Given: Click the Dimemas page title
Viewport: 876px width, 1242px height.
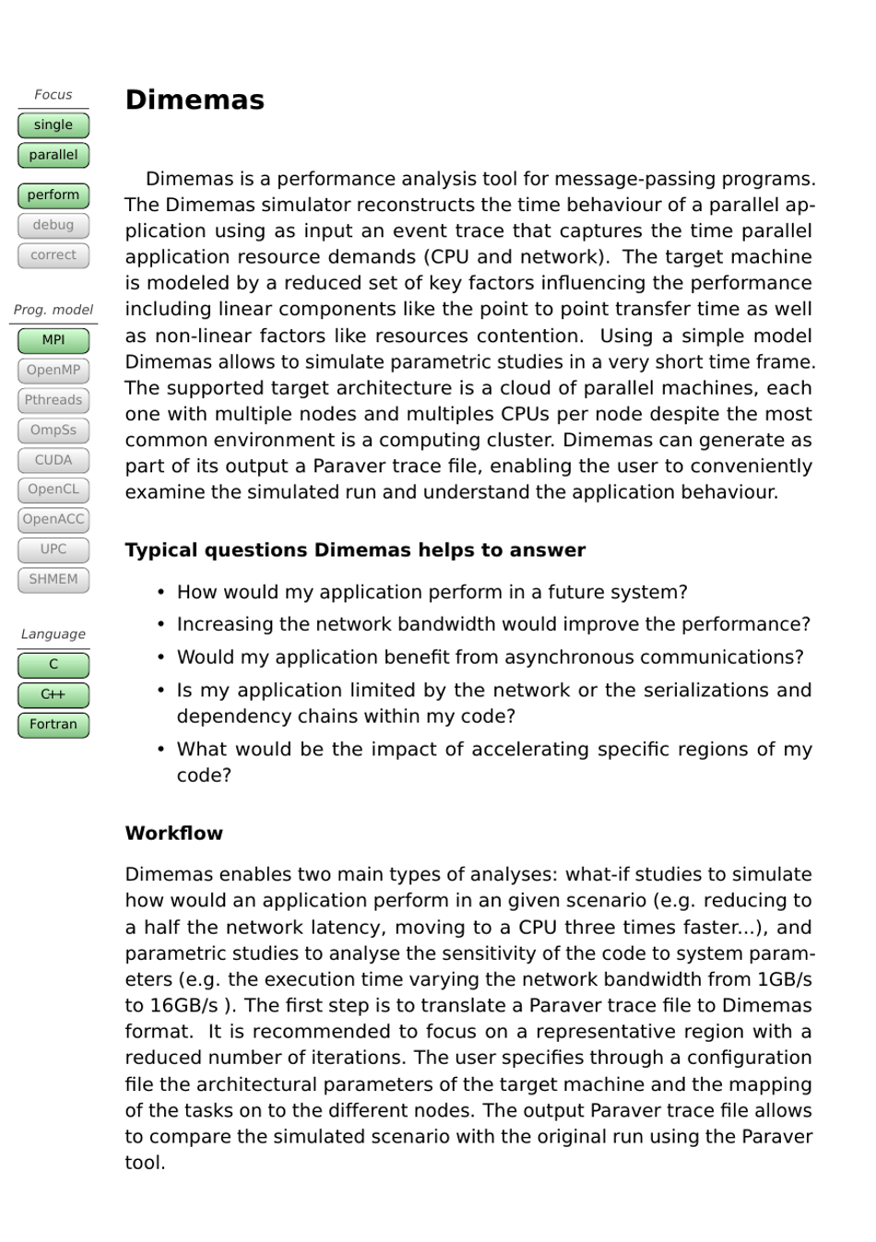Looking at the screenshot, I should [195, 100].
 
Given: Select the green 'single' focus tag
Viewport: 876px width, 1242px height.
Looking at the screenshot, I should [53, 125].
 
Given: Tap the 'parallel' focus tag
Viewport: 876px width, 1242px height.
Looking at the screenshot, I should [53, 155].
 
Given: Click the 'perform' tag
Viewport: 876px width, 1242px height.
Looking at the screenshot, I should [53, 195].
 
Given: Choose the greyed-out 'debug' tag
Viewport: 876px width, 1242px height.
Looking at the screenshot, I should [53, 225].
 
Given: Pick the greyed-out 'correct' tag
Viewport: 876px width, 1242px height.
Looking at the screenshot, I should [53, 255].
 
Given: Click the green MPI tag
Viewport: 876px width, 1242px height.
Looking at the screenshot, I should [53, 340].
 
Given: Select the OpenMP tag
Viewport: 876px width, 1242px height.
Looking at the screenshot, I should [53, 371].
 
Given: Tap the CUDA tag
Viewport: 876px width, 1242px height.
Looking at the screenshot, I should [53, 460].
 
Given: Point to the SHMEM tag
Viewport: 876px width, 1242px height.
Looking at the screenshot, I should [53, 579].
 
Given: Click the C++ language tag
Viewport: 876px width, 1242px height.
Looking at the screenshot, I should [53, 694].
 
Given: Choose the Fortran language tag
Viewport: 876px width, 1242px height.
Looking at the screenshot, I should [53, 725].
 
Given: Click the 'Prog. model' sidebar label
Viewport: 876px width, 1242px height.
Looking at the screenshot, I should [53, 310].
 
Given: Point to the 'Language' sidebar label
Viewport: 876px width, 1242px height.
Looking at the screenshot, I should [53, 634].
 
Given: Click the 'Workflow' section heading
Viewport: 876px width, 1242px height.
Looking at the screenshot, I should [174, 834].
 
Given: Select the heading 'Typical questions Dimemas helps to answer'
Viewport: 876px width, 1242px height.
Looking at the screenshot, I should [355, 550].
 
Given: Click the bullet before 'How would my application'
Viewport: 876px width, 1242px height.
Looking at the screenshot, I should [161, 592].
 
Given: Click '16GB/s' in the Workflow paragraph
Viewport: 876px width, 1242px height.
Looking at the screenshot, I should [183, 1005].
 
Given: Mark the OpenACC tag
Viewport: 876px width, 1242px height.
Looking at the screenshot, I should [53, 519].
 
